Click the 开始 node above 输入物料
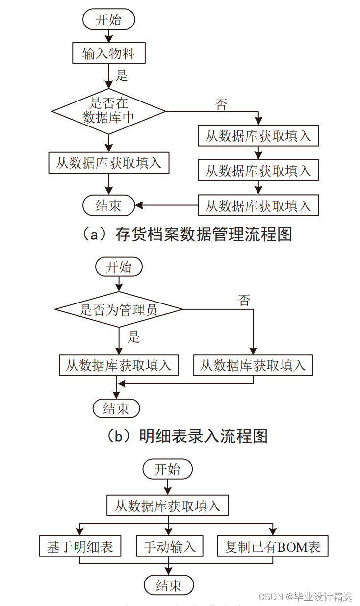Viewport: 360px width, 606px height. [108, 20]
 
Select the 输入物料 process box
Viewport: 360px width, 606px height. [108, 53]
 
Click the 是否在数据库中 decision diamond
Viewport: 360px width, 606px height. [108, 111]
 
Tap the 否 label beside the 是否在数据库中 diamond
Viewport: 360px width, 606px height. [221, 104]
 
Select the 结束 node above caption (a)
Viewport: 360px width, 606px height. [108, 205]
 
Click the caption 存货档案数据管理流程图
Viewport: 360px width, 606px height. [187, 234]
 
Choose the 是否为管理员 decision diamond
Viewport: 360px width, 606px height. [119, 309]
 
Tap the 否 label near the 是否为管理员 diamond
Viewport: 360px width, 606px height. [244, 301]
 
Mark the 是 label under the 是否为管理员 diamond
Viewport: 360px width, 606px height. [133, 337]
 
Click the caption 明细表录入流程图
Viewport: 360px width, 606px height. [187, 436]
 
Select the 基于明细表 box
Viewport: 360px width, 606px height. [80, 547]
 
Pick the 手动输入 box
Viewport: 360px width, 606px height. [169, 547]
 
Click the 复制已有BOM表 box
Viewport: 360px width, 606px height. [272, 547]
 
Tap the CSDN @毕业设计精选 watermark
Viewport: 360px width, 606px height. [305, 597]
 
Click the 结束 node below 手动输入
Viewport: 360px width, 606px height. [169, 585]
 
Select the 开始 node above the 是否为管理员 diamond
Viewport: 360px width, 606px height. [119, 267]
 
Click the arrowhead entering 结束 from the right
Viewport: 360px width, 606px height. [139, 205]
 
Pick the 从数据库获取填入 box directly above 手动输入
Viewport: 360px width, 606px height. [168, 505]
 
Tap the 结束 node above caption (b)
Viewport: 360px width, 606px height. [116, 408]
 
